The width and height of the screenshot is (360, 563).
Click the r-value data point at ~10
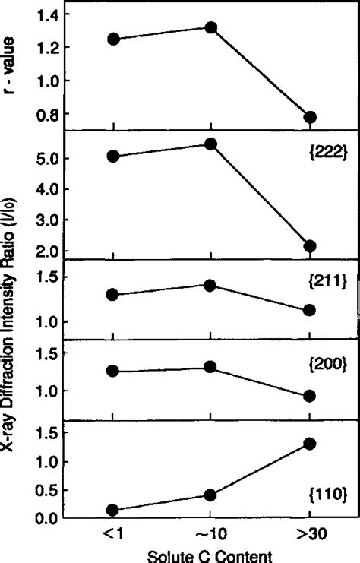tap(211, 28)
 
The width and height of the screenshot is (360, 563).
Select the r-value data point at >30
tap(310, 117)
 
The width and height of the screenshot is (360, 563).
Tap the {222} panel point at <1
tap(113, 157)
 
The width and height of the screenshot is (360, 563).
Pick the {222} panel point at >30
tap(310, 246)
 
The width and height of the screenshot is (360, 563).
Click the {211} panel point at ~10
tap(211, 285)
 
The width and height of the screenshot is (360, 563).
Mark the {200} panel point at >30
tap(310, 396)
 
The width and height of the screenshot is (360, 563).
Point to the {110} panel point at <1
tap(113, 511)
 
